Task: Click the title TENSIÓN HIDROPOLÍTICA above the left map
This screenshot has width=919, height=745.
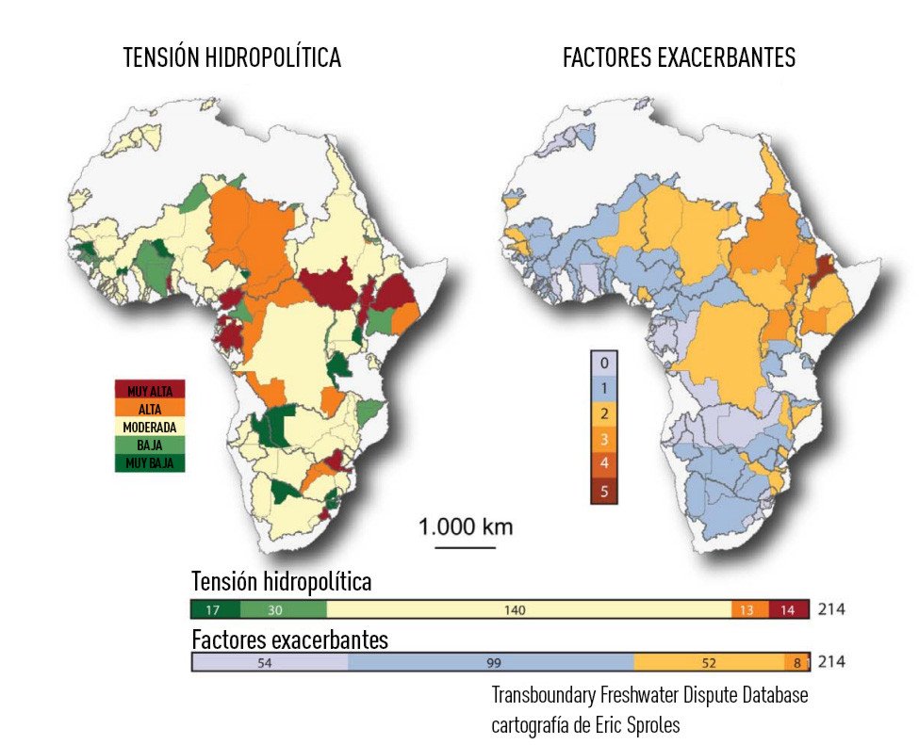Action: (232, 58)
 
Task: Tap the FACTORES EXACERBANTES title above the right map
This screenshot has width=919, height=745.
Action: (679, 58)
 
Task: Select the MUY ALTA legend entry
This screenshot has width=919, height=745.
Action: (150, 390)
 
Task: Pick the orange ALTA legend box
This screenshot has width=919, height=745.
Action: (150, 409)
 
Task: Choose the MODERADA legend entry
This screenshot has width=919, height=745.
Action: (150, 427)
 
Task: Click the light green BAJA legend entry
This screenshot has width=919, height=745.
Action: (150, 445)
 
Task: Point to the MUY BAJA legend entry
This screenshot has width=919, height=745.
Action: (150, 462)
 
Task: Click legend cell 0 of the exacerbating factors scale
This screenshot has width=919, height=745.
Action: (603, 363)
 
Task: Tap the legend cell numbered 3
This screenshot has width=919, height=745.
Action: (603, 438)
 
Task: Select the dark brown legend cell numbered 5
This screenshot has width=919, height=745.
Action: (603, 490)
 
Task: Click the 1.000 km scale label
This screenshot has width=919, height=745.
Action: (466, 526)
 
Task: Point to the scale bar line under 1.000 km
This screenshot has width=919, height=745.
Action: (466, 547)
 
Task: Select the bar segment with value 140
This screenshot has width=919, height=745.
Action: (514, 610)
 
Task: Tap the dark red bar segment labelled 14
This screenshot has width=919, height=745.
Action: (788, 610)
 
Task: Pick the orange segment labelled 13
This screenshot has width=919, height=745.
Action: (748, 610)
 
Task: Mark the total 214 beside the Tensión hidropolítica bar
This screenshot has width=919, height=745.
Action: (831, 609)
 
